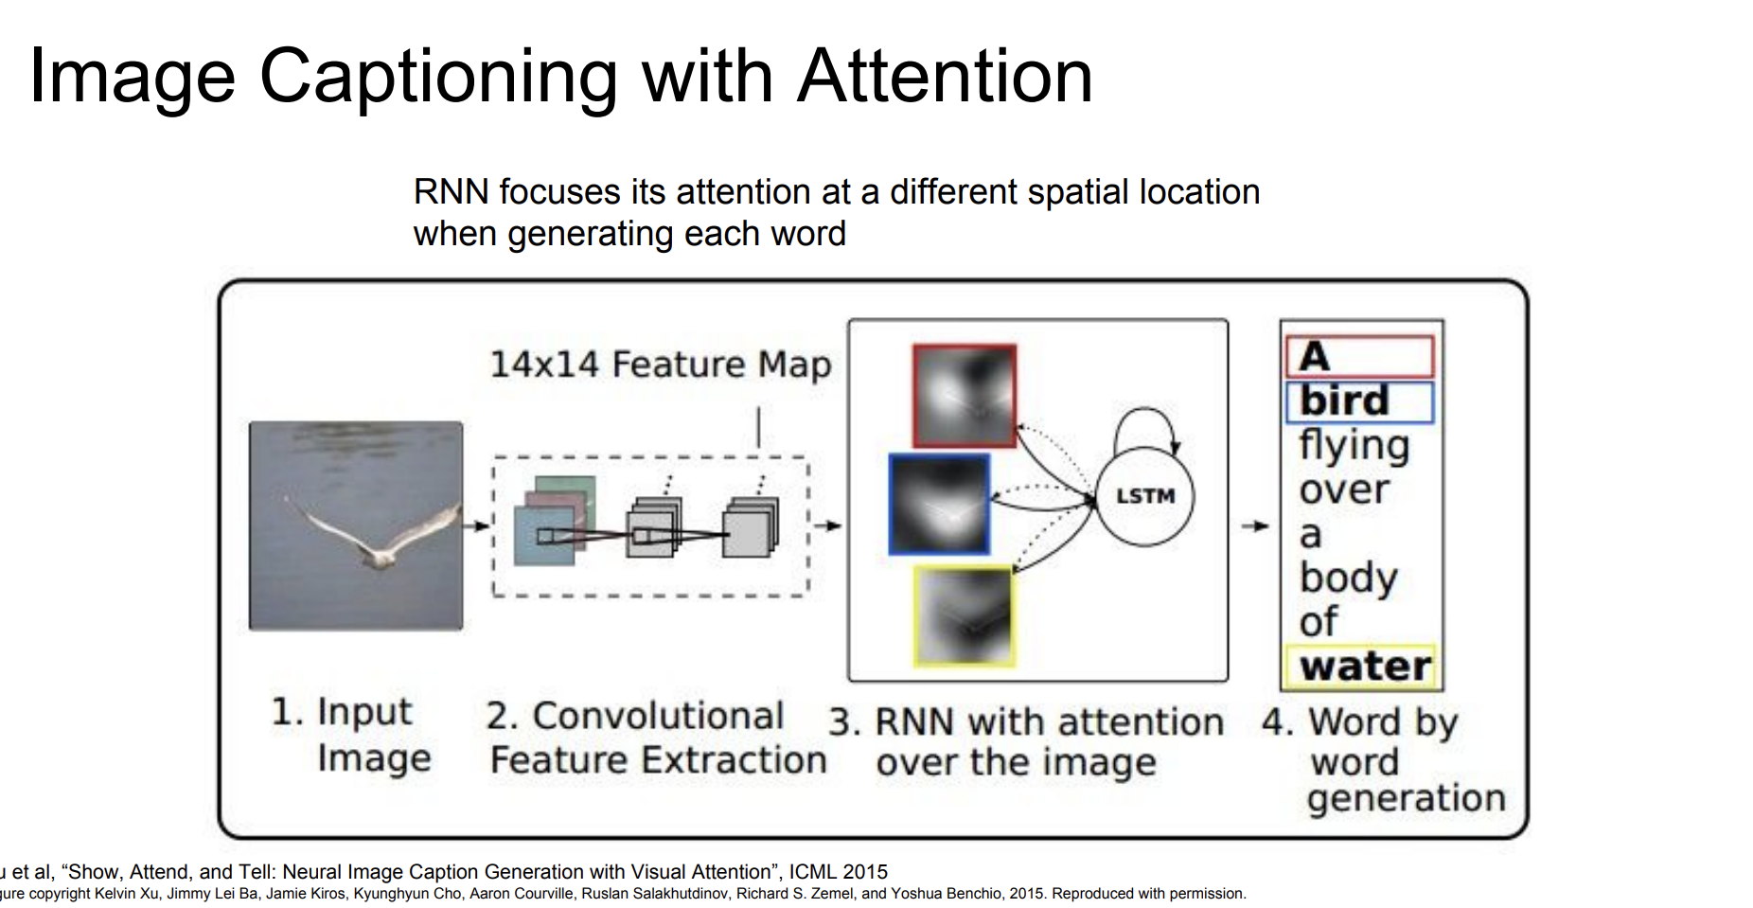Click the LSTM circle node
[x=1144, y=496]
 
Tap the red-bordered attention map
[x=965, y=395]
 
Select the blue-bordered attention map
[x=939, y=504]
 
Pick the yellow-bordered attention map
[x=964, y=615]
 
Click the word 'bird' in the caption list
[x=1344, y=401]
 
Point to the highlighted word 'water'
[x=1365, y=667]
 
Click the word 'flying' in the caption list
[x=1354, y=445]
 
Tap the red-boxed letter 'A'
[x=1314, y=357]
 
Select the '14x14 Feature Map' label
[x=660, y=365]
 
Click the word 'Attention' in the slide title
[x=945, y=76]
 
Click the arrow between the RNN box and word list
[x=1255, y=525]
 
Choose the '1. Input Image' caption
[x=351, y=735]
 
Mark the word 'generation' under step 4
[x=1406, y=799]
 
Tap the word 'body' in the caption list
[x=1348, y=578]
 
